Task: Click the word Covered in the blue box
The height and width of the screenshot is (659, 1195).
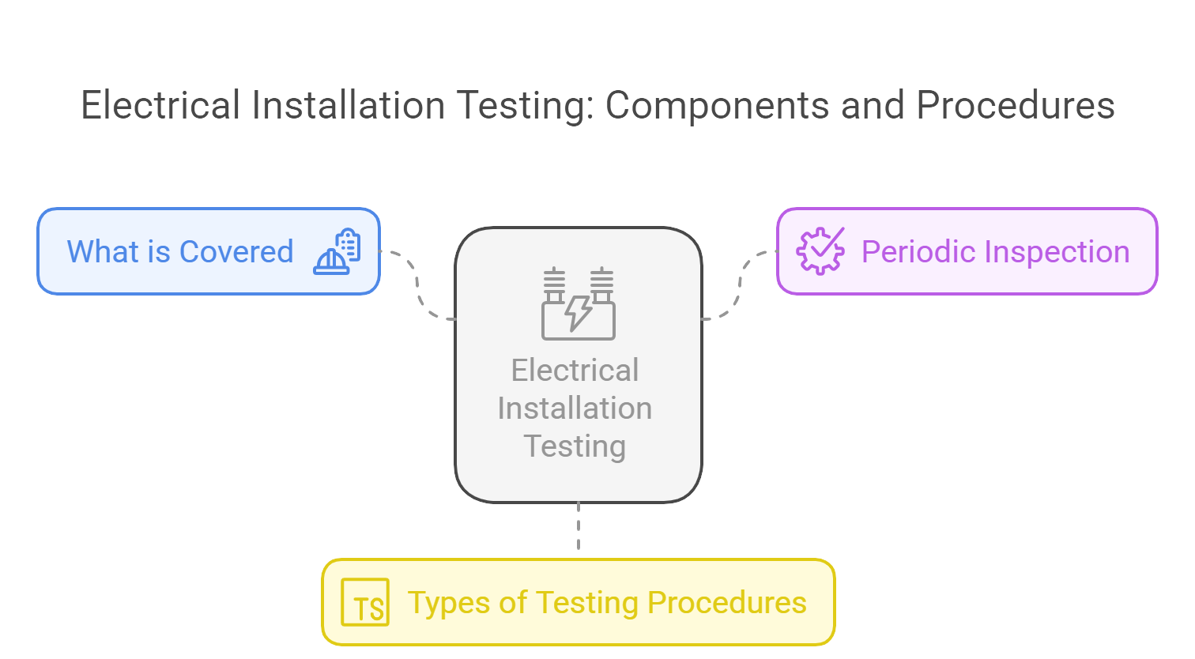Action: [x=236, y=252]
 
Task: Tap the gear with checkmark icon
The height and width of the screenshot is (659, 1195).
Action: [x=820, y=251]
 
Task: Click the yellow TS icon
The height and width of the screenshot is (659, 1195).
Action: [x=365, y=602]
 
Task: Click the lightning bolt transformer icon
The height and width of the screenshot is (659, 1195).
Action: [x=579, y=304]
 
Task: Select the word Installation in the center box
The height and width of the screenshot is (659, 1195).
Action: [x=575, y=408]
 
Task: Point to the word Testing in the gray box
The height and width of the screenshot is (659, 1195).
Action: [x=575, y=446]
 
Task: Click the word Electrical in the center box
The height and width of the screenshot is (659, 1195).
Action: [x=575, y=370]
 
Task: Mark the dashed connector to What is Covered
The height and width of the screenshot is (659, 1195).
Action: [x=417, y=284]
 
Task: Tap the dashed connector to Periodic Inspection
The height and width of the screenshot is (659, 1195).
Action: [x=740, y=284]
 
